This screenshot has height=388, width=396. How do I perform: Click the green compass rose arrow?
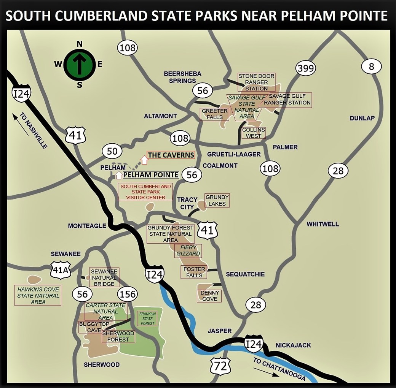coord(79,64)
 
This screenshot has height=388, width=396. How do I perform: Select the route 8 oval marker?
coord(372,67)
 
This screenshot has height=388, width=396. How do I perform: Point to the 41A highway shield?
coord(61,270)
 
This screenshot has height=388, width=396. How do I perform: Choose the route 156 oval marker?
coord(128,294)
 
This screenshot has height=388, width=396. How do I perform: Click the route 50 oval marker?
coord(112,151)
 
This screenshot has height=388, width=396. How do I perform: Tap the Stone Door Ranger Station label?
coord(256,82)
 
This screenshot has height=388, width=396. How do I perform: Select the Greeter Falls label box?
coord(214,114)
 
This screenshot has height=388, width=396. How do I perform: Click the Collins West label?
coord(254,133)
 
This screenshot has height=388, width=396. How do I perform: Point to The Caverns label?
coord(171,155)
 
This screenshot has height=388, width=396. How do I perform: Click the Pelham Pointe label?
coord(151,175)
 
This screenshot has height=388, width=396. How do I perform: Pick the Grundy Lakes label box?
coord(217,200)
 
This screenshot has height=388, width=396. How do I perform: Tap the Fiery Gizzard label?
coord(187,250)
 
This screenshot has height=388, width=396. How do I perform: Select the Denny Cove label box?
coord(209,296)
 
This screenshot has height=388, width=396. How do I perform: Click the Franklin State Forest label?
coord(147,318)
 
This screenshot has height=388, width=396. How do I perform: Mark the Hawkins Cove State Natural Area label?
coord(38,295)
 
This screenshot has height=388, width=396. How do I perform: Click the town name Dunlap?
coord(362,118)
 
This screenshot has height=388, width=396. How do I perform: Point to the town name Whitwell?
coord(323,224)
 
